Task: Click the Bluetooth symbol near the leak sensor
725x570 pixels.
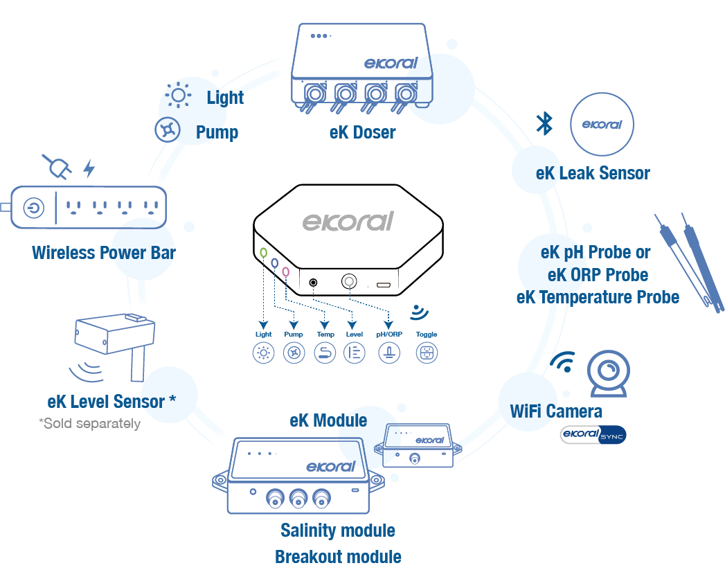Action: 545,123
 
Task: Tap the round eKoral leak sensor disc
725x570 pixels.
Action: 601,125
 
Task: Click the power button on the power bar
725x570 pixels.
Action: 33,207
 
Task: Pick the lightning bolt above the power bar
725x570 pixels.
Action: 89,168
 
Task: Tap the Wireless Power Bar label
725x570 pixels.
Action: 104,252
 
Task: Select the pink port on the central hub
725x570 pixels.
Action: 286,272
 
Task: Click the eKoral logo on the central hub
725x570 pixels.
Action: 348,221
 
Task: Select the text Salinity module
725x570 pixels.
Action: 338,531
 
